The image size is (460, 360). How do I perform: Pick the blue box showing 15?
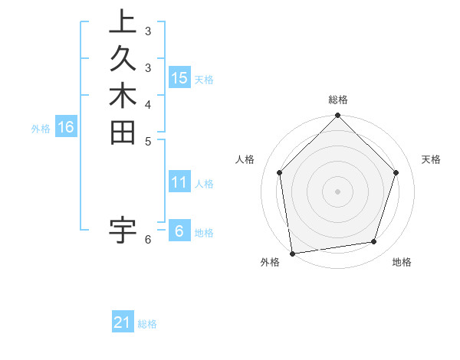[179, 77]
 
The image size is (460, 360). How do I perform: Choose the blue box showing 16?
[66, 127]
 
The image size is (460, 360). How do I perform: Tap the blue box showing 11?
[179, 182]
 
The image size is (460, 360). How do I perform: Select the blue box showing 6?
[179, 231]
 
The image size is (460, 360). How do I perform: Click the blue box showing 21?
[123, 322]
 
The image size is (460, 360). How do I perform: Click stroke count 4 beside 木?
[148, 103]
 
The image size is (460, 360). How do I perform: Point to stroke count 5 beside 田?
[148, 141]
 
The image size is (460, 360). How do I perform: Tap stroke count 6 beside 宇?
[148, 240]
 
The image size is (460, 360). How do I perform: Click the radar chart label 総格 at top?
[338, 100]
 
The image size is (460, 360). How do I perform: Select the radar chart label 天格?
[431, 159]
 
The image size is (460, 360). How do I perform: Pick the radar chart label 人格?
[245, 159]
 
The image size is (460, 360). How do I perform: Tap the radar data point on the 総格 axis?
[338, 116]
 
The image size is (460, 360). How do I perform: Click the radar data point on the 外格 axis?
[292, 253]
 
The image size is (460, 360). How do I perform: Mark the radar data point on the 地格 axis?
[374, 242]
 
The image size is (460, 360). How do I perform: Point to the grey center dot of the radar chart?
[338, 191]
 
